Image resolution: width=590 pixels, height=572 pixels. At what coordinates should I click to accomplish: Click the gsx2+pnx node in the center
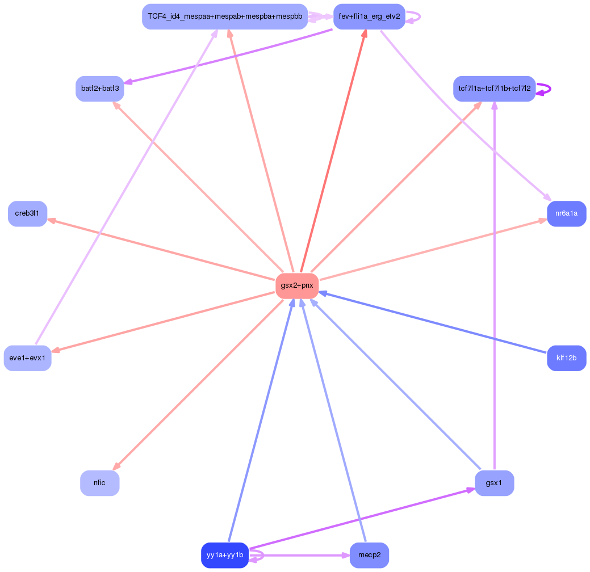[x=296, y=285]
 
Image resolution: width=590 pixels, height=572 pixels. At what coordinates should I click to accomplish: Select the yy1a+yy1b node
[x=225, y=555]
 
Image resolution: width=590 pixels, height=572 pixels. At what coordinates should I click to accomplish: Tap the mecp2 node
[x=369, y=555]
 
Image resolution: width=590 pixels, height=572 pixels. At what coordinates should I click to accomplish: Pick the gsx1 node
[x=494, y=483]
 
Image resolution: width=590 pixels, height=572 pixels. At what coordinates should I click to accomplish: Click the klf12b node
[x=566, y=358]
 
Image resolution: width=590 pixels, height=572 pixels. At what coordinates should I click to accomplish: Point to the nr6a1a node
[x=566, y=213]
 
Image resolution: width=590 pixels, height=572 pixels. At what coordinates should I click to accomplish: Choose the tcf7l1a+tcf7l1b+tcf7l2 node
[x=494, y=89]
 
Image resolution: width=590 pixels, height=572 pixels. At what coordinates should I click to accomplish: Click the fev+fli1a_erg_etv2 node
[x=369, y=16]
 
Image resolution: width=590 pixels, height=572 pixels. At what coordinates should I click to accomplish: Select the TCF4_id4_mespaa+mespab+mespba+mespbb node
[x=225, y=16]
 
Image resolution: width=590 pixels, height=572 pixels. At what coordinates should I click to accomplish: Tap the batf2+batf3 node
[x=100, y=89]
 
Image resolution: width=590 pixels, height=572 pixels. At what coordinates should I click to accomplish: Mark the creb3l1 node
[x=27, y=213]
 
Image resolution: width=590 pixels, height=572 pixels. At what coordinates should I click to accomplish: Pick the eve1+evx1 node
[x=27, y=358]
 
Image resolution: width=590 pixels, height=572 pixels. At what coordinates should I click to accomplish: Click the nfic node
[x=100, y=483]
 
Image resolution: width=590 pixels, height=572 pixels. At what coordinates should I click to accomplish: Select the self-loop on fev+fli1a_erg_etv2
[x=419, y=17]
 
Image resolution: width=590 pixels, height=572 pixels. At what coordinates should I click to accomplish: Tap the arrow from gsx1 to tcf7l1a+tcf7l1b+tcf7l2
[x=495, y=284]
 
